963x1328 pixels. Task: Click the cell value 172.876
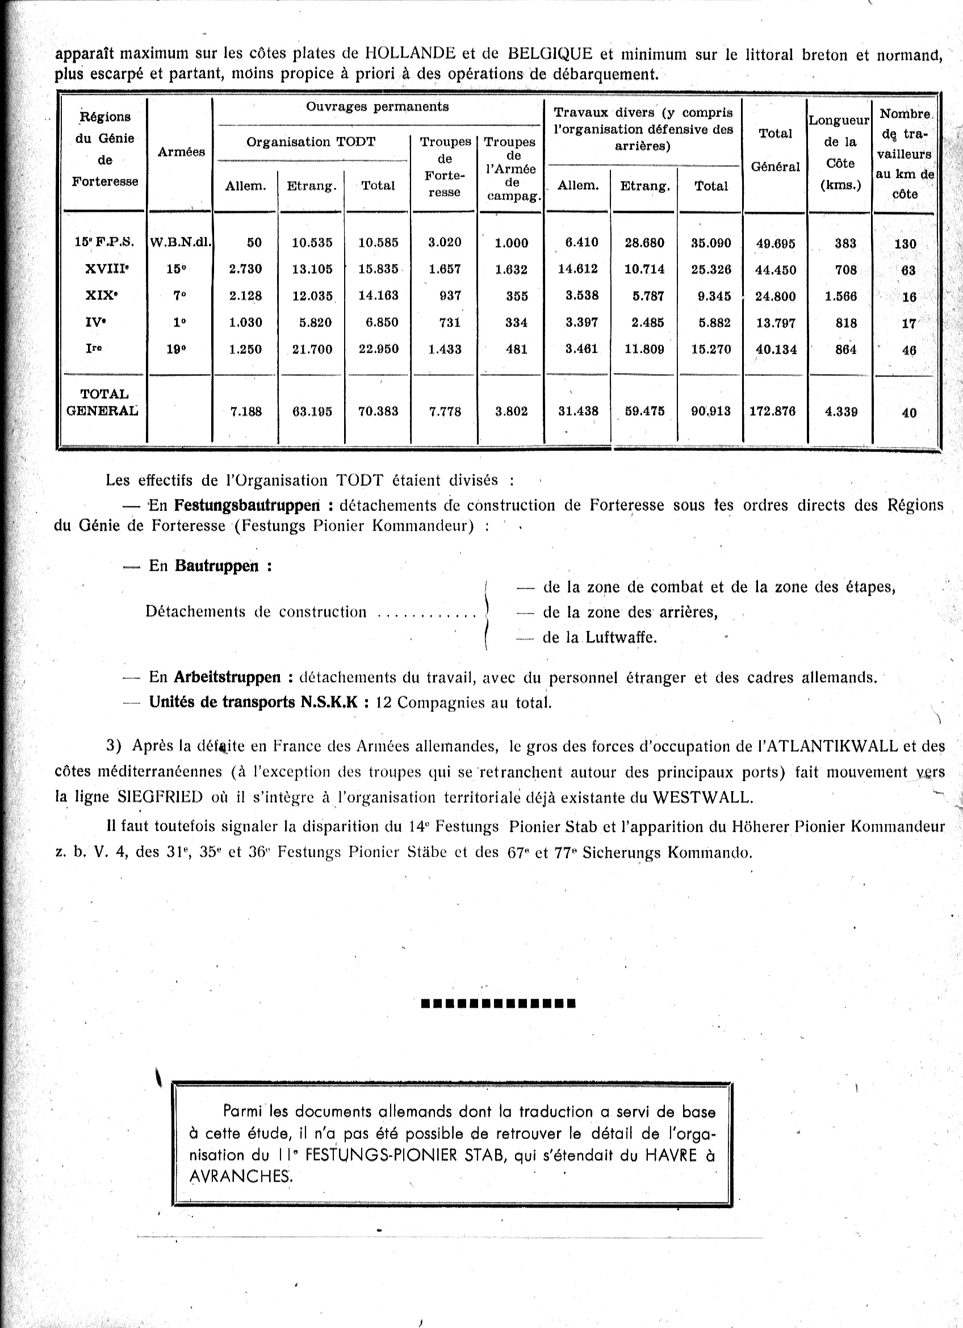point(772,411)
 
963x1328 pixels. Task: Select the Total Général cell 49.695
point(775,243)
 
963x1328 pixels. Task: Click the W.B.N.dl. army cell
point(181,242)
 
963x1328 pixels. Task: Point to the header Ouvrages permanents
point(377,107)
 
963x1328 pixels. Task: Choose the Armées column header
point(181,152)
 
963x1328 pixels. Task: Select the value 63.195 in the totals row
point(312,411)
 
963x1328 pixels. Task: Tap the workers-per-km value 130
point(905,244)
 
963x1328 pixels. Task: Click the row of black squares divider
point(498,1004)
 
